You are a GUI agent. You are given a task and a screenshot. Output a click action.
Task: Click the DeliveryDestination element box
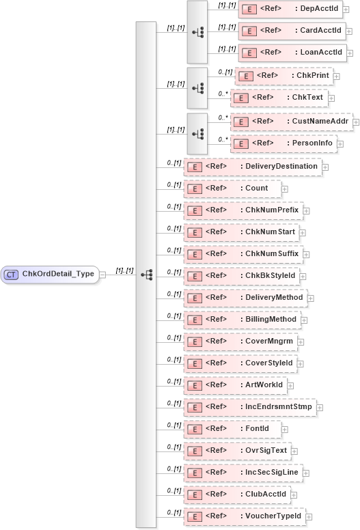point(252,166)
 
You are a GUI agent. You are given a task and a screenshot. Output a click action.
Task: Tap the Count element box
point(232,188)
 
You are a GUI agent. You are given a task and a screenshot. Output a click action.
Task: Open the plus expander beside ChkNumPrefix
point(308,210)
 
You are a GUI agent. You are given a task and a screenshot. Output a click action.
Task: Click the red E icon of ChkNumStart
point(194,232)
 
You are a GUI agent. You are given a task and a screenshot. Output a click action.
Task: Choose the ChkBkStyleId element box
point(245,276)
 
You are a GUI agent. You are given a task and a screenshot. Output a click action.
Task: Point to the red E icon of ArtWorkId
point(194,385)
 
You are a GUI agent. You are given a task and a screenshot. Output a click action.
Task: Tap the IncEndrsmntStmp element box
point(249,408)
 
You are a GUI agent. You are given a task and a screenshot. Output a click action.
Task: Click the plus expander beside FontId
point(285,430)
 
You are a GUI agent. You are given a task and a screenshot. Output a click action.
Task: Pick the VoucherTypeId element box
point(245,516)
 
